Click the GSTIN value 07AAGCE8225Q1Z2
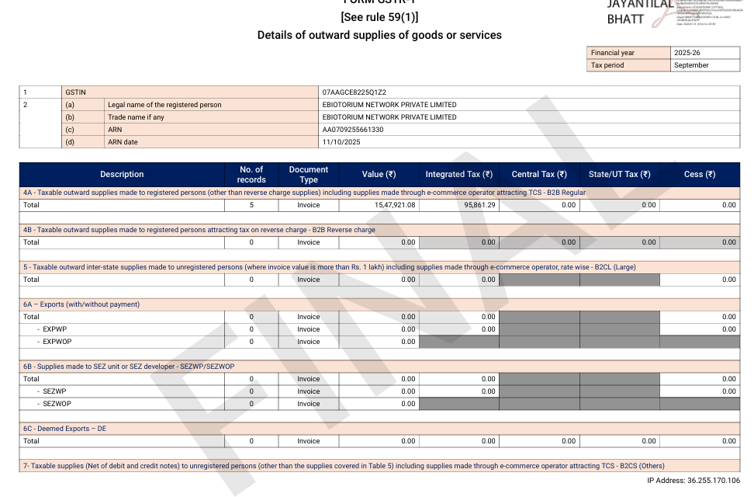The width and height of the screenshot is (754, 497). click(x=354, y=92)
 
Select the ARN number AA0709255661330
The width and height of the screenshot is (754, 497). click(x=353, y=130)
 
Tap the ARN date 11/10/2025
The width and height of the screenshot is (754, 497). click(x=341, y=142)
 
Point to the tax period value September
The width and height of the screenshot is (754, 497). click(x=692, y=65)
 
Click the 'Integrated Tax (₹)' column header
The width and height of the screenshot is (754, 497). click(x=459, y=175)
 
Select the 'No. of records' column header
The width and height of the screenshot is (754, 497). click(x=251, y=175)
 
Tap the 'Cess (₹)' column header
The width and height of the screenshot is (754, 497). click(x=700, y=175)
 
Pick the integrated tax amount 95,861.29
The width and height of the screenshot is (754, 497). click(x=475, y=205)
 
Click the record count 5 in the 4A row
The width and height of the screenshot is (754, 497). click(x=251, y=205)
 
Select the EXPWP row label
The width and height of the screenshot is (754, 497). click(x=54, y=329)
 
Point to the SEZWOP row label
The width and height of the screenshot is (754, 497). click(x=57, y=404)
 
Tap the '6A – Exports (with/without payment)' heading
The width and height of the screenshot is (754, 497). click(x=81, y=304)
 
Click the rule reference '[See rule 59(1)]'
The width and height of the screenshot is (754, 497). click(x=379, y=17)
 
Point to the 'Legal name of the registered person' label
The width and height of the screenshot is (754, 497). click(x=164, y=105)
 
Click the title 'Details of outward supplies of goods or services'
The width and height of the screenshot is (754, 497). click(x=379, y=35)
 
